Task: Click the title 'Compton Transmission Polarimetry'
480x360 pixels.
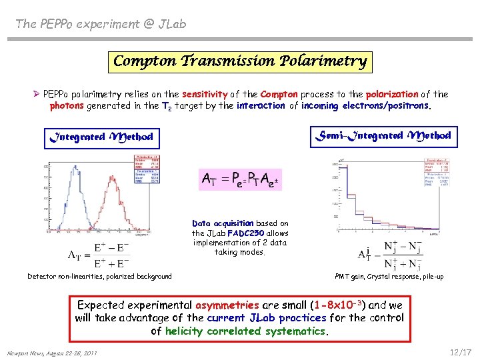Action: click(x=240, y=61)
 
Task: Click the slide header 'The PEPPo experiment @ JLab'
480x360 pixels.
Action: click(x=101, y=24)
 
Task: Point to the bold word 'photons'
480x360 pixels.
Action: click(x=66, y=105)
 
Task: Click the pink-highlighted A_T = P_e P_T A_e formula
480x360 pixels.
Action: click(x=241, y=179)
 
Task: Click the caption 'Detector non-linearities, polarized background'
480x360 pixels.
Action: click(x=99, y=276)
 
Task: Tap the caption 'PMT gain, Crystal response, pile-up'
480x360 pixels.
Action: click(x=389, y=276)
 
